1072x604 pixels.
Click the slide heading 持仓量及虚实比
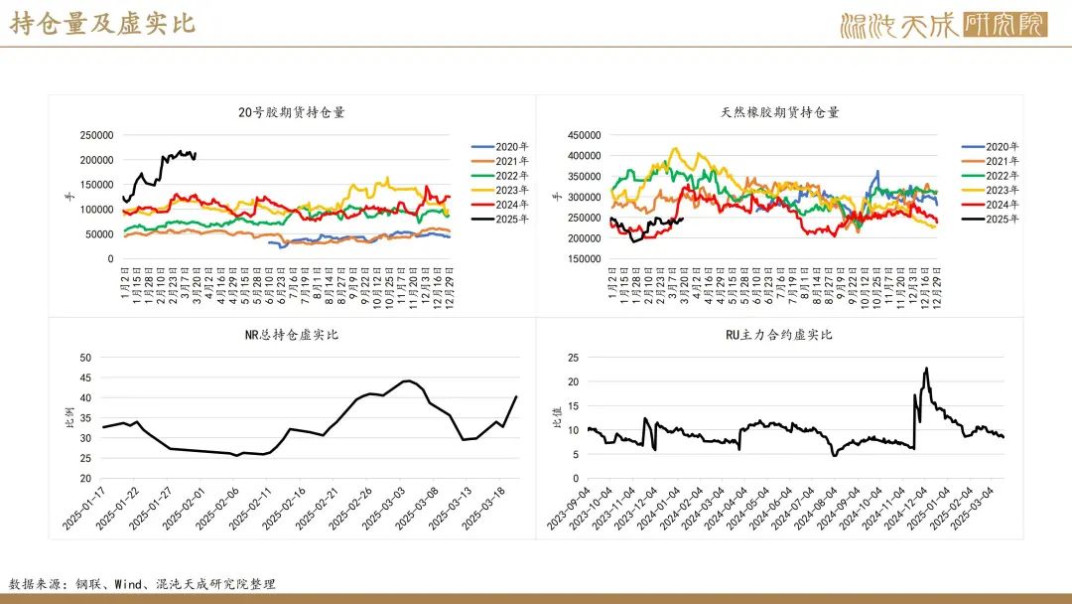click(103, 24)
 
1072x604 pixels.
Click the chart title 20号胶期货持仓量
click(292, 112)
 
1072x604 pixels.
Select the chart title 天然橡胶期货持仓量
click(780, 112)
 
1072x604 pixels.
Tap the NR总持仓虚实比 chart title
click(292, 335)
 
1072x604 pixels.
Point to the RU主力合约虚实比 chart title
click(780, 335)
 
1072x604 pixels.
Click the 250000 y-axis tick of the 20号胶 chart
click(97, 135)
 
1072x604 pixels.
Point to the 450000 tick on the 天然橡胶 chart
click(585, 135)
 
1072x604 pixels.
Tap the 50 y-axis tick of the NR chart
click(84, 358)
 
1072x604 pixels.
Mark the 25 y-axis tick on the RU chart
click(573, 358)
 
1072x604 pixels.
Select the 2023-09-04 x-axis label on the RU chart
click(569, 509)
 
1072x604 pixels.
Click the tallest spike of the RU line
click(926, 369)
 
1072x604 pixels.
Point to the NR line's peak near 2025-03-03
click(408, 380)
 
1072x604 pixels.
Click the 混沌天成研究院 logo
click(943, 25)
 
